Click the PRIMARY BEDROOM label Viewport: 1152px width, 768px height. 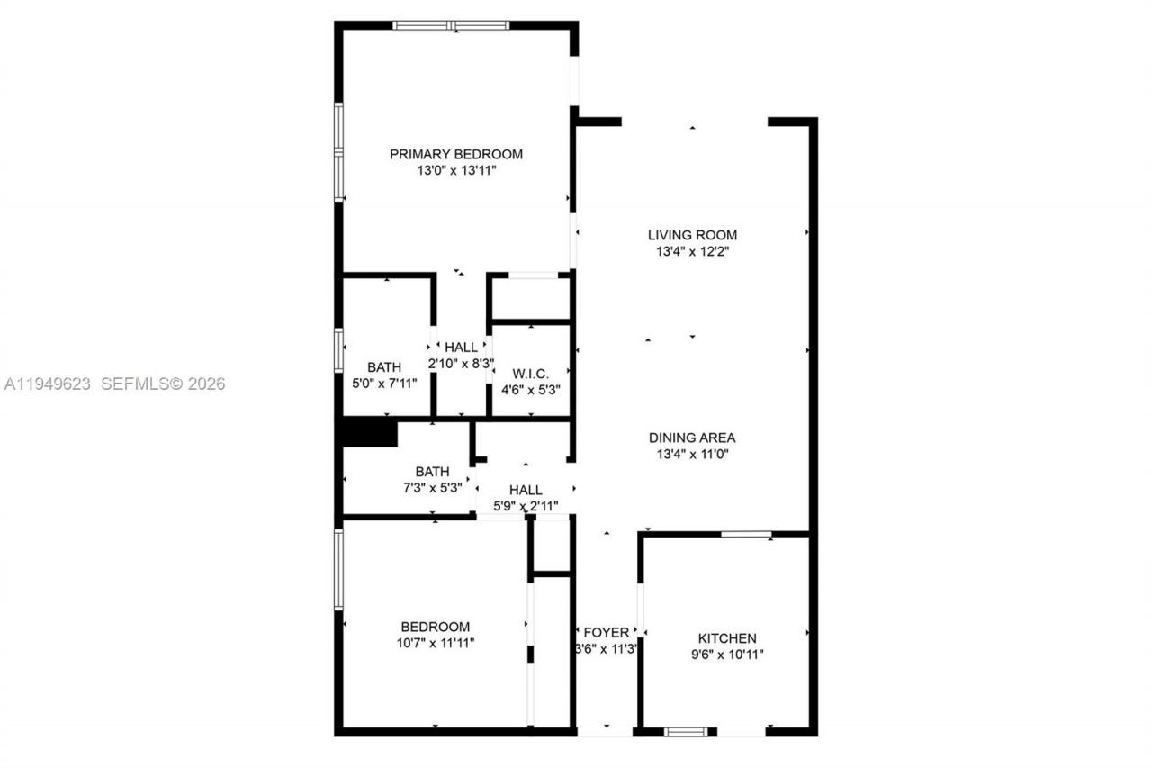pos(455,154)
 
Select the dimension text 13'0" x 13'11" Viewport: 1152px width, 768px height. pos(455,170)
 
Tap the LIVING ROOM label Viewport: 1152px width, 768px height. pos(692,235)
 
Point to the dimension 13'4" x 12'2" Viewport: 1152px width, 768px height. pos(692,252)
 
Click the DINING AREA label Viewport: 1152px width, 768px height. pos(692,438)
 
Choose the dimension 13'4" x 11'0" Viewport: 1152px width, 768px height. pos(692,455)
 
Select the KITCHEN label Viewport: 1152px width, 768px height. pos(724,638)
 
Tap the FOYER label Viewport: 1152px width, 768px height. pos(607,633)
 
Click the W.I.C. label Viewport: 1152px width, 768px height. pos(531,374)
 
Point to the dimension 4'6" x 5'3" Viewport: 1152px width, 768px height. pos(531,390)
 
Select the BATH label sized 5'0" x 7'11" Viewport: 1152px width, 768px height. pos(384,366)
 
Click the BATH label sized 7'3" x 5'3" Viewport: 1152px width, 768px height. pos(432,471)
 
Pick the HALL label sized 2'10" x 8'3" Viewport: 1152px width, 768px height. pos(461,348)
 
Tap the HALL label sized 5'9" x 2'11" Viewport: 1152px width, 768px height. pos(526,490)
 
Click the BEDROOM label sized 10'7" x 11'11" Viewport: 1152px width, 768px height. pos(435,627)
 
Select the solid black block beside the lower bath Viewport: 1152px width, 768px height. pos(370,433)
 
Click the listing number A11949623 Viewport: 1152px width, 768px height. pos(48,384)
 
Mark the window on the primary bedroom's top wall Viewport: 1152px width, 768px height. pos(452,25)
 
